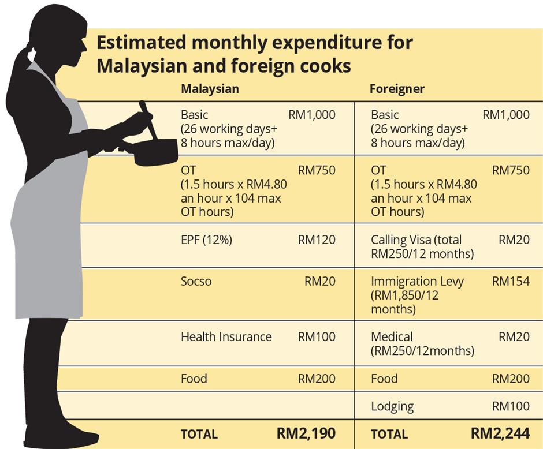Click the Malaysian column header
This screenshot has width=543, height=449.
pos(210,89)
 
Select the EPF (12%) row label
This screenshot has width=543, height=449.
pos(206,240)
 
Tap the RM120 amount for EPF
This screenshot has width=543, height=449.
pos(317,240)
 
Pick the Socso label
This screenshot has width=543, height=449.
pos(196,282)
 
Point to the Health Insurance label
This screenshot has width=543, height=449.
pos(226,336)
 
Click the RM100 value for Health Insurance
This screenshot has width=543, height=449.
pos(317,336)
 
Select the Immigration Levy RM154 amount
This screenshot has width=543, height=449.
pos(511,282)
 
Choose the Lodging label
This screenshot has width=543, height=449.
pos(392,406)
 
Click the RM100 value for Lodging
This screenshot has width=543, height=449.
pos(511,406)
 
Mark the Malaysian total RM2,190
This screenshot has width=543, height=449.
pos(306,433)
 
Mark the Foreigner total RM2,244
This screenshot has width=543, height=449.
pos(500,433)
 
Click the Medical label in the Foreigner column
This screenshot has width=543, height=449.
pos(392,336)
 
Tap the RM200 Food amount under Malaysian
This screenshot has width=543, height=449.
pos(317,379)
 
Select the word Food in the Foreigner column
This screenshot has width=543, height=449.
pos(384,379)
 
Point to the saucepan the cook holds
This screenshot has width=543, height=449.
pos(156,151)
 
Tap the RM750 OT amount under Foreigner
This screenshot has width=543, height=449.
pos(511,170)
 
